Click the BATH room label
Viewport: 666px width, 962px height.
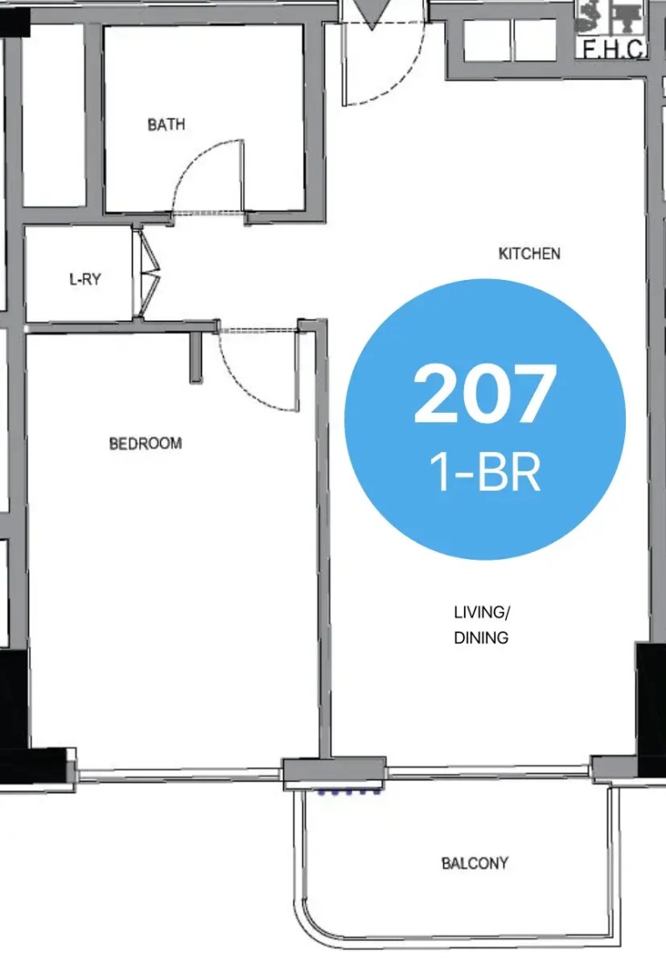click(x=166, y=124)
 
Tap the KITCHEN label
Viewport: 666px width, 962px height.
click(x=530, y=254)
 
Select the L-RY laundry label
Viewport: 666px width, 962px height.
click(x=85, y=280)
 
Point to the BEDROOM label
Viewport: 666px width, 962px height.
click(x=145, y=443)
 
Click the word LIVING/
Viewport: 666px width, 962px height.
click(x=482, y=612)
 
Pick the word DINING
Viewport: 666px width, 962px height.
click(x=481, y=638)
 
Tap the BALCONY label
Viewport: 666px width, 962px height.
click(x=475, y=863)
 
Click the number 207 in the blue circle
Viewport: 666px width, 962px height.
click(x=485, y=393)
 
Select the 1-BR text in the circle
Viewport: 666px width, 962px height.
click(x=485, y=473)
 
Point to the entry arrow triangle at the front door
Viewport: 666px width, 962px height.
click(x=371, y=13)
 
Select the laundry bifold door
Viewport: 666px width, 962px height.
click(x=149, y=272)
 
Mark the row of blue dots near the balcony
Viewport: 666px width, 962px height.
click(x=349, y=792)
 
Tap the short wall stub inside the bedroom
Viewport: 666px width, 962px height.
click(x=197, y=358)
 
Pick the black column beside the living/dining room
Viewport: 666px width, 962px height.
click(x=650, y=709)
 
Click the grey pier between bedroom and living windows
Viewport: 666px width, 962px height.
click(x=334, y=773)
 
